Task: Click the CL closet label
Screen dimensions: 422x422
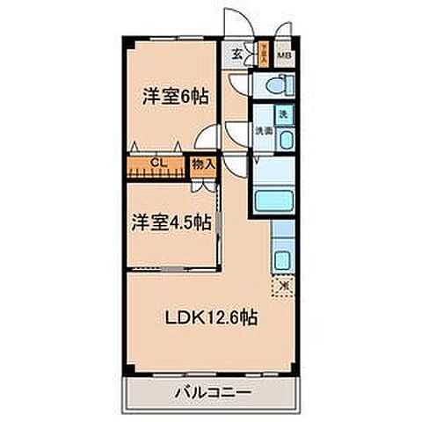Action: tap(157, 163)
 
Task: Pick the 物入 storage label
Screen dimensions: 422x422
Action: tap(203, 164)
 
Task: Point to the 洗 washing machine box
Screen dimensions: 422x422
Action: tap(283, 113)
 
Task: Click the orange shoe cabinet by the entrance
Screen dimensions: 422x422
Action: tap(262, 55)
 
